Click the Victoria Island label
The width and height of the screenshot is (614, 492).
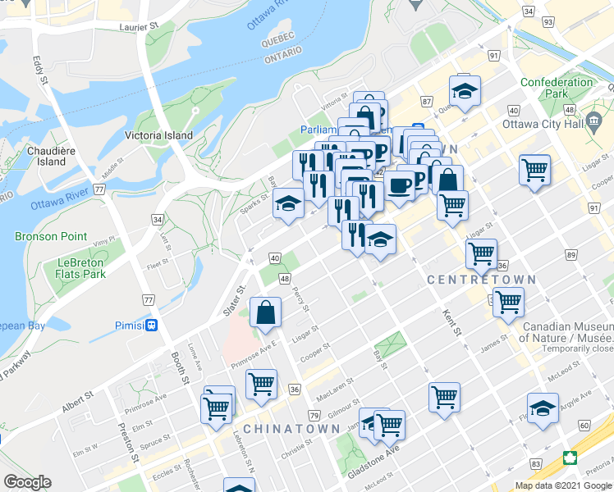pos(158,135)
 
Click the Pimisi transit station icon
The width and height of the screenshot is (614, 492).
pos(151,325)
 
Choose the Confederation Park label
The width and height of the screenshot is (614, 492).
pos(556,88)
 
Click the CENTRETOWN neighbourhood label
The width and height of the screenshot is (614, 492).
pos(481,280)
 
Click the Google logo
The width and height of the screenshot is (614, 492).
pos(27,482)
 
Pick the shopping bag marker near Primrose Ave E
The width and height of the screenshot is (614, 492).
pos(266,312)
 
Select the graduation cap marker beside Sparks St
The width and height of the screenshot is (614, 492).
pos(288,204)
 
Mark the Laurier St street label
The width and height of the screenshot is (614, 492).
pos(137,27)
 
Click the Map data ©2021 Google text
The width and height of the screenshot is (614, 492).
pos(564,485)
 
